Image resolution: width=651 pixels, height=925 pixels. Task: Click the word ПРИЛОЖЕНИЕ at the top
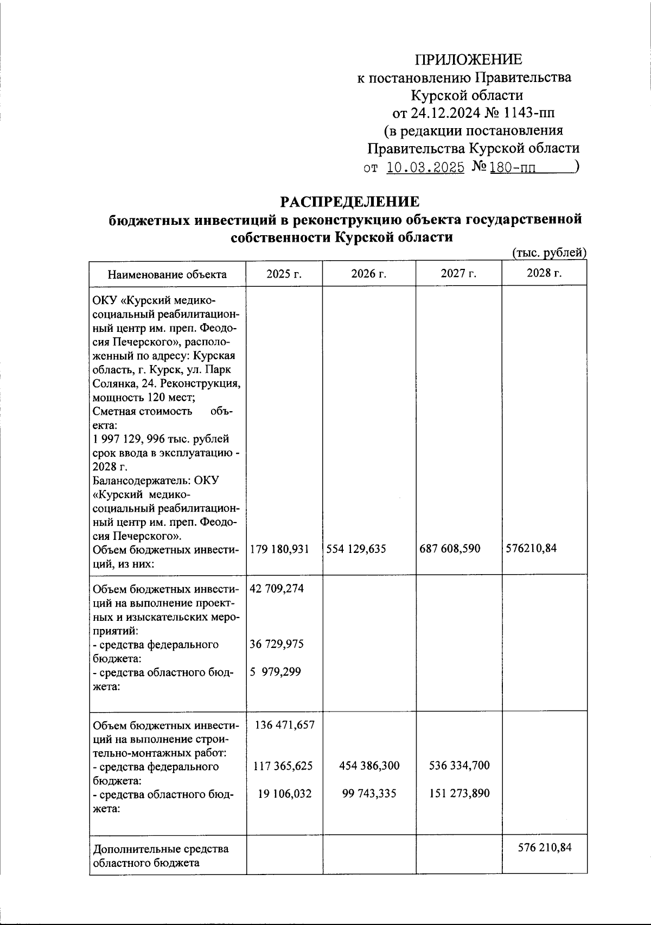pos(468,59)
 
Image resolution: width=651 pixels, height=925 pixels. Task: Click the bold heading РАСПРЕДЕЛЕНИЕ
pos(350,202)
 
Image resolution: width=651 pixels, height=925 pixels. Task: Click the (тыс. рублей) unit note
pos(549,253)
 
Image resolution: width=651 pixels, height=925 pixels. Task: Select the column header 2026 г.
pos(368,274)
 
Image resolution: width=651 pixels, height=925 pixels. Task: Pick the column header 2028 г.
pos(544,273)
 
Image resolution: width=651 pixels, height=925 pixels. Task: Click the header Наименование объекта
pos(167,274)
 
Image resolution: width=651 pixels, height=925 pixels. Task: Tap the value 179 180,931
pos(279,549)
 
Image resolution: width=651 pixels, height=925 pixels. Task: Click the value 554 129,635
pos(356,549)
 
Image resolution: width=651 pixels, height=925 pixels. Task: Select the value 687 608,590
pos(450,549)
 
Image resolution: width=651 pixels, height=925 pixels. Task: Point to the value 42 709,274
pos(277,588)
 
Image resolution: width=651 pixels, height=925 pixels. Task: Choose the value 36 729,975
pos(277,644)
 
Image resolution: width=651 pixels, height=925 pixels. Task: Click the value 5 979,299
pos(276,672)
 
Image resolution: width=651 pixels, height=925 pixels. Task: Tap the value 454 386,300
pos(369,766)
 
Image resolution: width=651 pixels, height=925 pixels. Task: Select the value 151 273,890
pos(459,794)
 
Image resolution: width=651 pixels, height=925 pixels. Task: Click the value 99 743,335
pos(369,794)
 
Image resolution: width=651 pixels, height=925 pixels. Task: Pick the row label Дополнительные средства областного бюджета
pos(161,855)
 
